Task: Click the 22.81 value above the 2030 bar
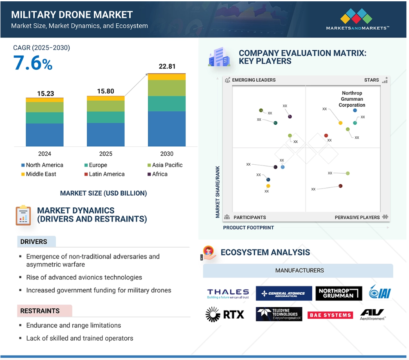point(167,67)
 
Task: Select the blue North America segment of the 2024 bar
point(44,135)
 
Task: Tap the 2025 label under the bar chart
point(106,154)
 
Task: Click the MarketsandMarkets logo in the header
point(358,19)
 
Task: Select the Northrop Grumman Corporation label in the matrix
point(352,99)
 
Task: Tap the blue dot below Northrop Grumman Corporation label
point(355,111)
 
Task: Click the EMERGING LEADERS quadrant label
point(253,80)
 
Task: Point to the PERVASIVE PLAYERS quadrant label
point(357,218)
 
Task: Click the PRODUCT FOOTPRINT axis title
point(248,228)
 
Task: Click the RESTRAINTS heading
point(40,311)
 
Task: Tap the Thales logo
point(228,294)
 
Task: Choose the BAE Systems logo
point(330,315)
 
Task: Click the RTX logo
point(225,314)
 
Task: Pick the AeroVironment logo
point(372,314)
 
